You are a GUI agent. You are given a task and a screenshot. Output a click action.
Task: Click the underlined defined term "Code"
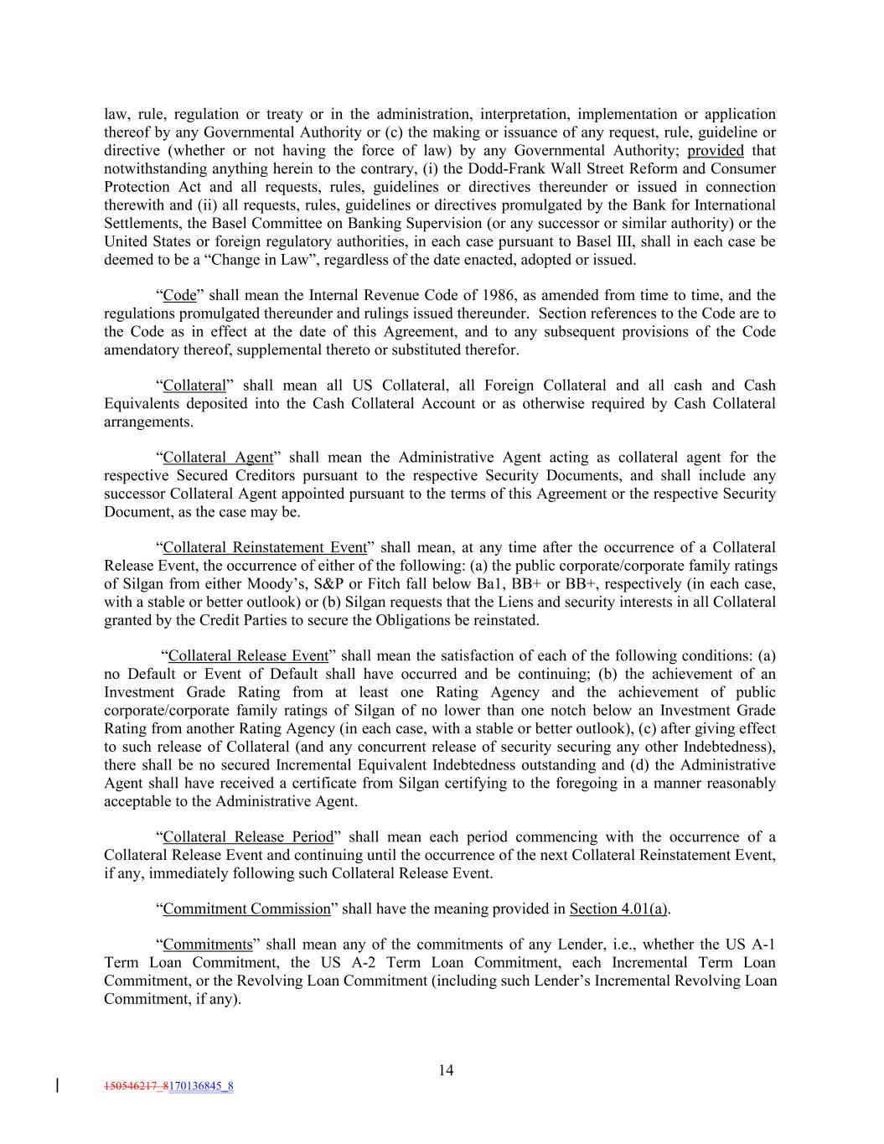pos(179,295)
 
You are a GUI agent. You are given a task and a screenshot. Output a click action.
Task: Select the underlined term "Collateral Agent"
pos(218,458)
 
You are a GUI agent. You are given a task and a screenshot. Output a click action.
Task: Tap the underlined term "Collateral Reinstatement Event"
pos(265,547)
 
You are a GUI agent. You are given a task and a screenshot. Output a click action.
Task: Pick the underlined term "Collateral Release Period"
pos(248,837)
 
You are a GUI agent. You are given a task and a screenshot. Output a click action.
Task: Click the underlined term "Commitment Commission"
pos(247,909)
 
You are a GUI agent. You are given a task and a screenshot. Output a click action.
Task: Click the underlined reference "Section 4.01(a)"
pos(619,909)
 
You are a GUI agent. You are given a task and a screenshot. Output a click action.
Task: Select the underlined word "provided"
pos(715,151)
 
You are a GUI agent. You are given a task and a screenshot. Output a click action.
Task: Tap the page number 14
pos(446,1070)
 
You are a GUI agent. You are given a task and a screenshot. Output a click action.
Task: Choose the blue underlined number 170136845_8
pos(201,1087)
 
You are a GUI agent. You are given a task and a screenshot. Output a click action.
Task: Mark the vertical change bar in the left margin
pos(57,1086)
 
